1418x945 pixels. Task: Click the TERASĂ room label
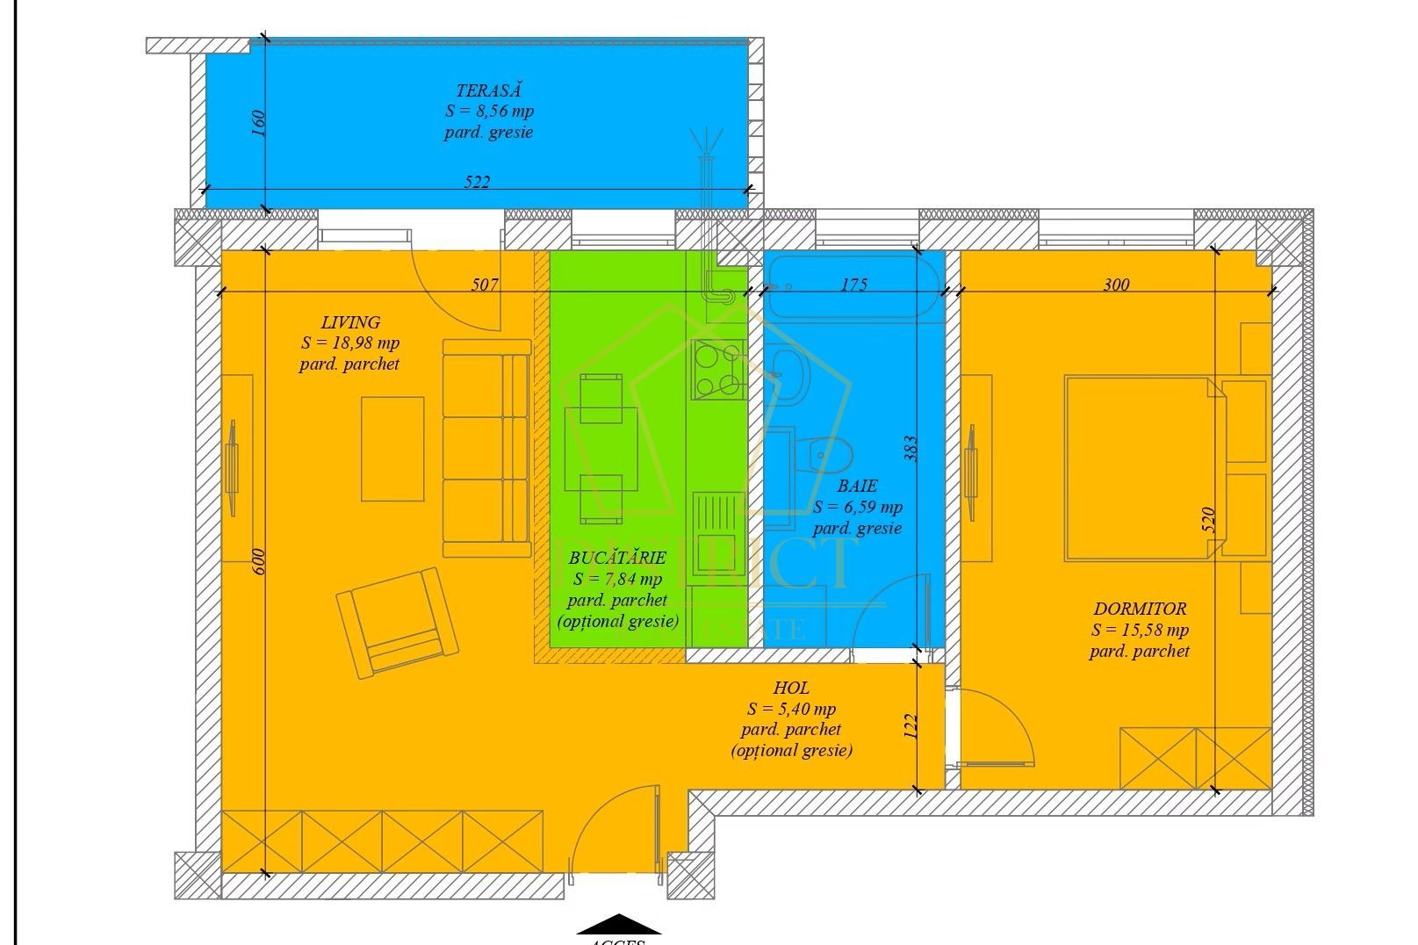pyautogui.click(x=489, y=90)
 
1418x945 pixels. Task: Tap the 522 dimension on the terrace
pyautogui.click(x=477, y=183)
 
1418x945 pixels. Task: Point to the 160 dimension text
pyautogui.click(x=258, y=123)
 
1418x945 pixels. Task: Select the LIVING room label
pyautogui.click(x=350, y=322)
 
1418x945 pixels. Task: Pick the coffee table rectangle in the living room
pyautogui.click(x=392, y=449)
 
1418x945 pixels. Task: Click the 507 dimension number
pyautogui.click(x=485, y=285)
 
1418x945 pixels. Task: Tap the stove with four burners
pyautogui.click(x=717, y=368)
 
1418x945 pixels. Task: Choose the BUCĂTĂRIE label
pyautogui.click(x=617, y=558)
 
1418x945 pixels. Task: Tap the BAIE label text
pyautogui.click(x=857, y=486)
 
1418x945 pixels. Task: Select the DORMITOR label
pyautogui.click(x=1140, y=609)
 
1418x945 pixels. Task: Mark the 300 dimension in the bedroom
pyautogui.click(x=1116, y=285)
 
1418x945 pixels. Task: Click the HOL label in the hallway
pyautogui.click(x=791, y=689)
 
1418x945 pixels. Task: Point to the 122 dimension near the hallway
pyautogui.click(x=911, y=725)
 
